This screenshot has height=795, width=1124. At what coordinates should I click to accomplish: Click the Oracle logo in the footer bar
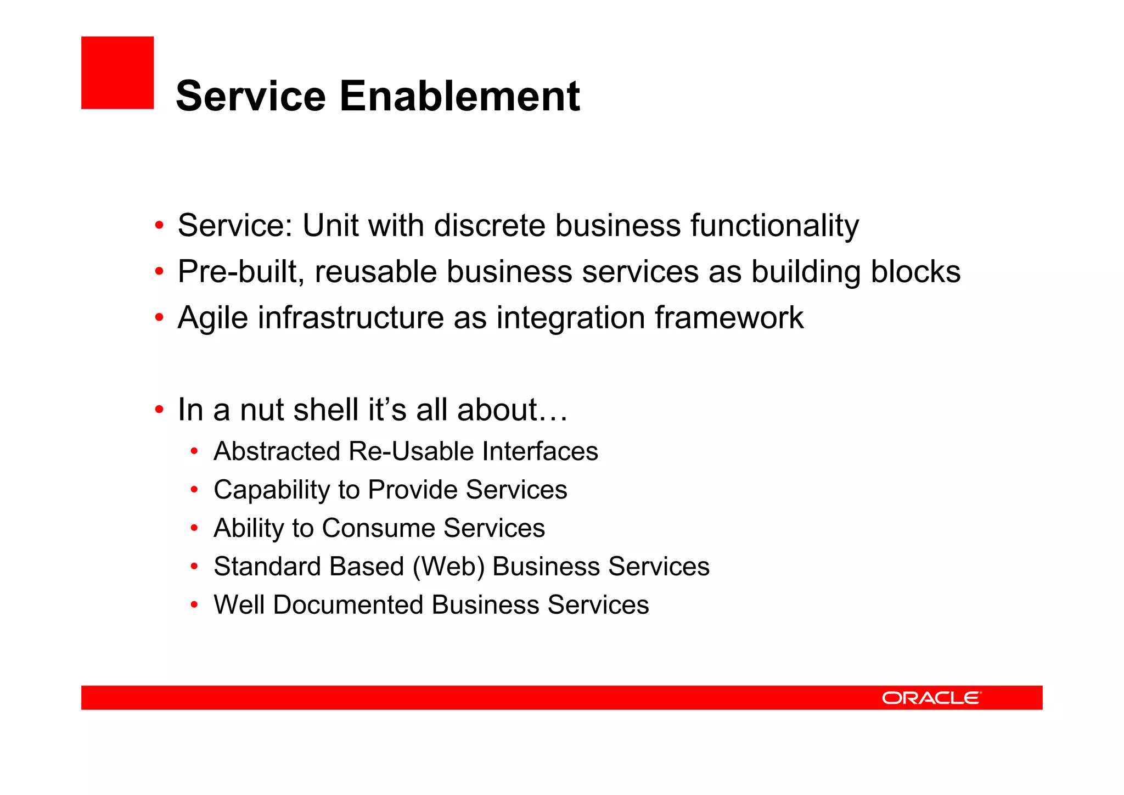931,698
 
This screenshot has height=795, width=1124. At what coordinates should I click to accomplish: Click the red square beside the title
117,72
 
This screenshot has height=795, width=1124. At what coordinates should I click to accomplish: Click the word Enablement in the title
459,96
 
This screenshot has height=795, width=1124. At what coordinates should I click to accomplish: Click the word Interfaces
540,451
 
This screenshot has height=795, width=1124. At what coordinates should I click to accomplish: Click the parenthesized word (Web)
448,567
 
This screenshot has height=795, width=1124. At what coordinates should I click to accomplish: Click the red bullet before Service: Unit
159,226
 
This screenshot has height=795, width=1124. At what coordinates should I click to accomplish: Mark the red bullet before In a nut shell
159,410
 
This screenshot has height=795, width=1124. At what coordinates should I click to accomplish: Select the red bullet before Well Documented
194,605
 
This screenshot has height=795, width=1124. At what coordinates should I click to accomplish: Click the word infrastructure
351,318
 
